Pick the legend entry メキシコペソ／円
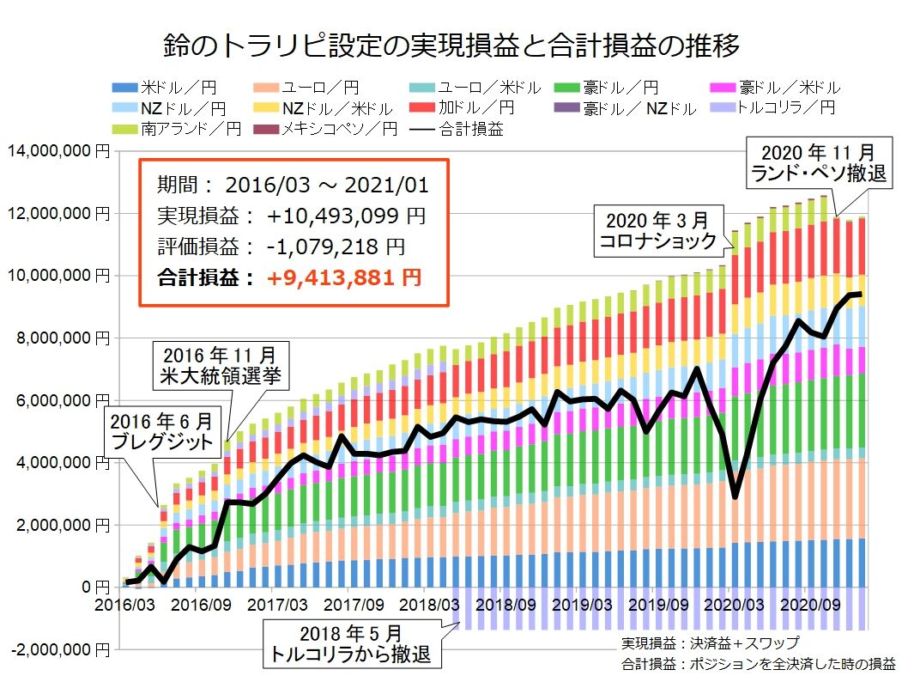point(326,129)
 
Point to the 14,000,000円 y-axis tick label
point(56,151)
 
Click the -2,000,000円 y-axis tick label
point(56,649)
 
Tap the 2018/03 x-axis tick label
point(424,604)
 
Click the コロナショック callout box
point(660,230)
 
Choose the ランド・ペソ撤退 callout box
point(819,161)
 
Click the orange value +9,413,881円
point(342,277)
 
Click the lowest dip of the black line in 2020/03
point(735,496)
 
